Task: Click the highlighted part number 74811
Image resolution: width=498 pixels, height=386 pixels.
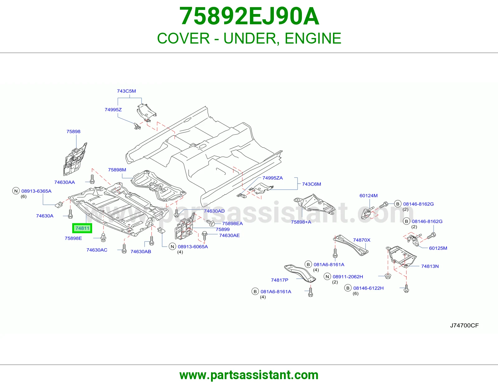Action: [82, 228]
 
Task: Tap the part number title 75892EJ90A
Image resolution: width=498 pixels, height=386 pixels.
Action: [249, 16]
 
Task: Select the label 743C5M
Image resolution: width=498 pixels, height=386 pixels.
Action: [126, 91]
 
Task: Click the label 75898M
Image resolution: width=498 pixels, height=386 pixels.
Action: [117, 170]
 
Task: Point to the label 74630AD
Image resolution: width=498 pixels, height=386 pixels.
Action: [214, 211]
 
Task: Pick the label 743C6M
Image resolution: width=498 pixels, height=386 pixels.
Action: [312, 184]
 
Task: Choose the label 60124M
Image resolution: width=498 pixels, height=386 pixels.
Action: [369, 195]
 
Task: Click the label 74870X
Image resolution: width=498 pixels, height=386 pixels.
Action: [362, 240]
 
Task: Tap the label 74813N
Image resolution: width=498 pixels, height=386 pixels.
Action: [430, 266]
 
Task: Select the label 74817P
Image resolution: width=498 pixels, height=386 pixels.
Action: [280, 280]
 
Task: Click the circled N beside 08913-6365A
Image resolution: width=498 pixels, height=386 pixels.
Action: [16, 191]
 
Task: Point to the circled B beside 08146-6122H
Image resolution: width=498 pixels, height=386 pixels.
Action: [348, 288]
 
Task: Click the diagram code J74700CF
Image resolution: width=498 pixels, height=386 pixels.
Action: [464, 326]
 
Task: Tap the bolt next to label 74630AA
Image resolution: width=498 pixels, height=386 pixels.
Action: [92, 179]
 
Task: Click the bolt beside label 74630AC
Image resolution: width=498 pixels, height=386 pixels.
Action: [124, 248]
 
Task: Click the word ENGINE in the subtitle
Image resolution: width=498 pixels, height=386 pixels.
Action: [313, 38]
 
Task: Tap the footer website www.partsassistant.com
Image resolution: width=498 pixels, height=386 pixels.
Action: [249, 375]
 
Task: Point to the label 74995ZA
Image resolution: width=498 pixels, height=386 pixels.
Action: [272, 178]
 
